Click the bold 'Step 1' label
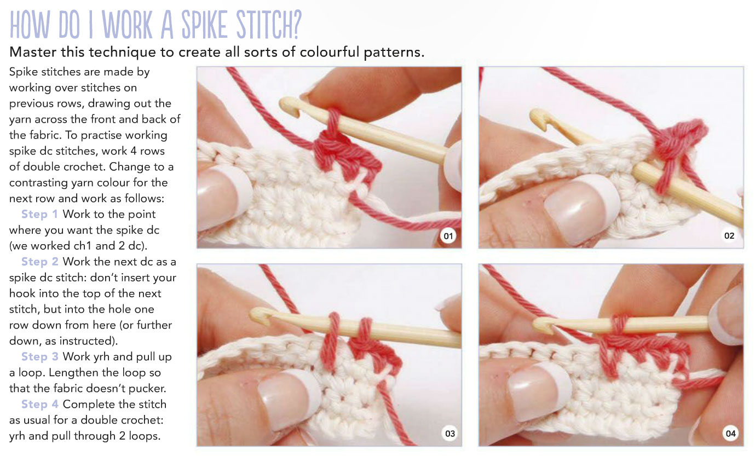point(42,214)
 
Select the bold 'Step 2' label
point(42,262)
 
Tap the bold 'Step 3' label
point(42,357)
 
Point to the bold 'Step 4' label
point(42,405)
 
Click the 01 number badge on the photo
point(448,236)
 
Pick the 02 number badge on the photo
point(729,236)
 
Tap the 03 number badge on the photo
point(449,434)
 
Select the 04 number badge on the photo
point(730,434)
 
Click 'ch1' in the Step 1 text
point(82,246)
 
